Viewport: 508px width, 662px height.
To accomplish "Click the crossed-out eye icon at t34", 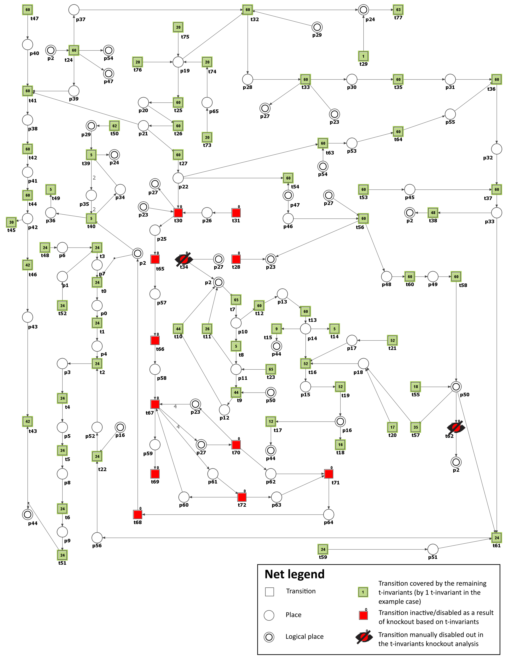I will [x=184, y=259].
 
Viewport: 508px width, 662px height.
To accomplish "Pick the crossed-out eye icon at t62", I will [x=456, y=427].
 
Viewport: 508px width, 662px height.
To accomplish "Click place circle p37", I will [x=74, y=10].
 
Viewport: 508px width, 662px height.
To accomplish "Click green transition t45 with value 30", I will [x=12, y=222].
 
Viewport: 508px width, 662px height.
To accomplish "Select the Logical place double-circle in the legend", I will [x=269, y=637].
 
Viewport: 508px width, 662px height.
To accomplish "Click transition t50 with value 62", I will [x=114, y=126].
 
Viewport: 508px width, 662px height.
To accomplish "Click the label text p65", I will [x=214, y=111].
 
